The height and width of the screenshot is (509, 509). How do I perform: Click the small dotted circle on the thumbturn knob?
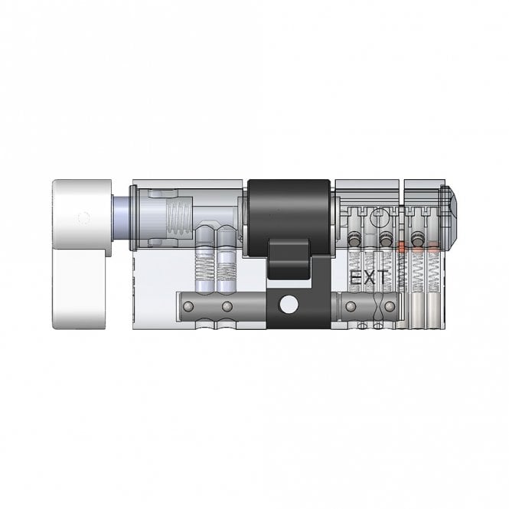coord(85,216)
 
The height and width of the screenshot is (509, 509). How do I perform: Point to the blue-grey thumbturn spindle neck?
coord(121,217)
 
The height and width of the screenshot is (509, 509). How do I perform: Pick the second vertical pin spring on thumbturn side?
coord(227,264)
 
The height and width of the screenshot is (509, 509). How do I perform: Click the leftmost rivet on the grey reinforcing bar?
coord(185,307)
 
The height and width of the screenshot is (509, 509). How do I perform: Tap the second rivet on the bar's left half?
coord(227,307)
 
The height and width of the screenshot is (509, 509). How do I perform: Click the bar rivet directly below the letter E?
coord(351,307)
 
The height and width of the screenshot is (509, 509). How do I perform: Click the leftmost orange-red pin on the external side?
coord(400,247)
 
